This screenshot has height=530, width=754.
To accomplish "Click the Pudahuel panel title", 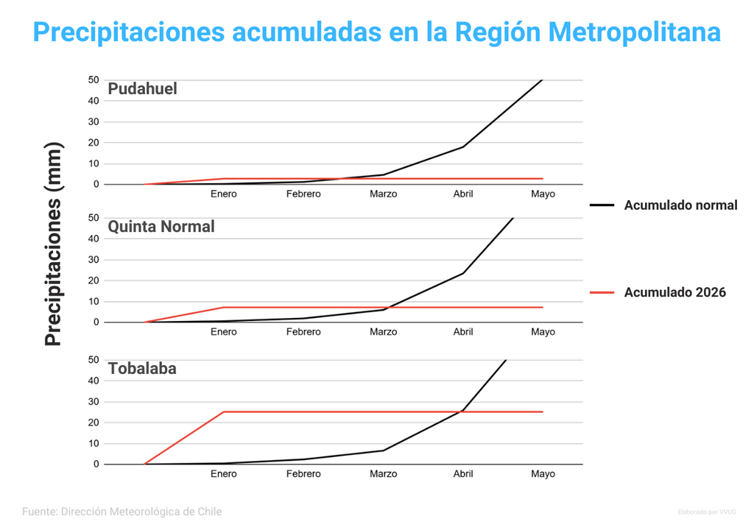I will click(x=142, y=89).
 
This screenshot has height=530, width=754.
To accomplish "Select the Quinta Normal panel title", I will click(x=161, y=227).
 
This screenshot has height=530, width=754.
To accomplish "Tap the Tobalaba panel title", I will click(x=142, y=369).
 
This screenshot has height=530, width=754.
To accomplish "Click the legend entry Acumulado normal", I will click(x=680, y=205).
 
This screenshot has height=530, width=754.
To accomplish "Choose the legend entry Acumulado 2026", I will click(x=674, y=292).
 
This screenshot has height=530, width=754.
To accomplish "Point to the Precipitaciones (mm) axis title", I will click(x=54, y=244).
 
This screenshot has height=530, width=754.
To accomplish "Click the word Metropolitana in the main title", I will click(x=634, y=32).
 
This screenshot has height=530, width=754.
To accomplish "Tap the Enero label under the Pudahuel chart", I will click(x=224, y=194).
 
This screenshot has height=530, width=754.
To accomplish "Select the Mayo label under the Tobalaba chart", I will click(x=543, y=474).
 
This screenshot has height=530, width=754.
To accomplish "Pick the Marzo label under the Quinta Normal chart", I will click(x=383, y=332).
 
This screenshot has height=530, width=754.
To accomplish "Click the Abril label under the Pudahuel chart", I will click(x=463, y=194).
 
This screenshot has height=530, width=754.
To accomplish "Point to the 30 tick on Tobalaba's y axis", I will click(x=94, y=402).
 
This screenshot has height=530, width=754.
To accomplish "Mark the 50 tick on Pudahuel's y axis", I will click(x=94, y=79).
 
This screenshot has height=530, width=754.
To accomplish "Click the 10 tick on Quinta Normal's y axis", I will click(x=94, y=301).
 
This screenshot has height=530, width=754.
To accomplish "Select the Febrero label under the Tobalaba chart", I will click(x=303, y=474).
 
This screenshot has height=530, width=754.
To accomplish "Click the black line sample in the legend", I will click(x=602, y=205).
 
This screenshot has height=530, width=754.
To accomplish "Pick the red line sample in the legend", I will click(x=602, y=292).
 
